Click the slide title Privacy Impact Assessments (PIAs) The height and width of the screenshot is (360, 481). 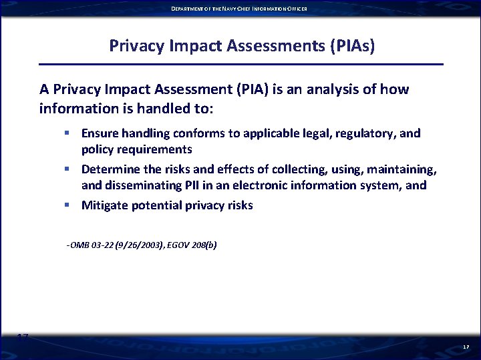[x=242, y=46]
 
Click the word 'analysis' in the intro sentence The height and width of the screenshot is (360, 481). [x=303, y=89]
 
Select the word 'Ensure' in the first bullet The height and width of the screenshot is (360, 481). [x=100, y=133]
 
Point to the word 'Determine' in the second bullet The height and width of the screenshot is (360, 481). [x=109, y=169]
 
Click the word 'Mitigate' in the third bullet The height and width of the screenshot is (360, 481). [x=104, y=205]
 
